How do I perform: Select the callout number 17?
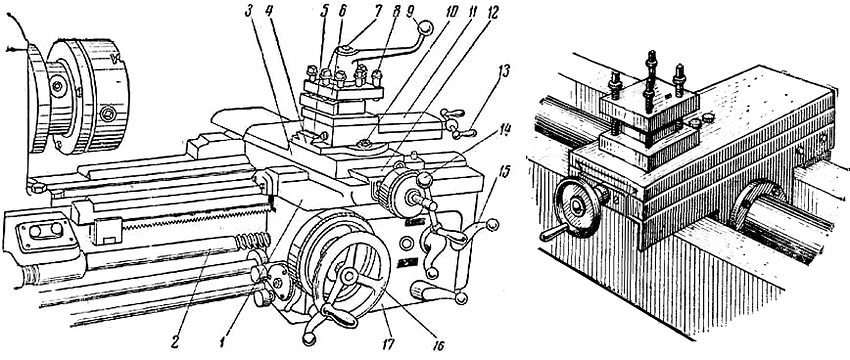[389, 344]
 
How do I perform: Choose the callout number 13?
[505, 72]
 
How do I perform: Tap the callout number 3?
[249, 12]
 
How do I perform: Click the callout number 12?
[491, 11]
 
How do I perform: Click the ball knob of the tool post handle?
[426, 27]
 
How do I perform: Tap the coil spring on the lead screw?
[253, 239]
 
